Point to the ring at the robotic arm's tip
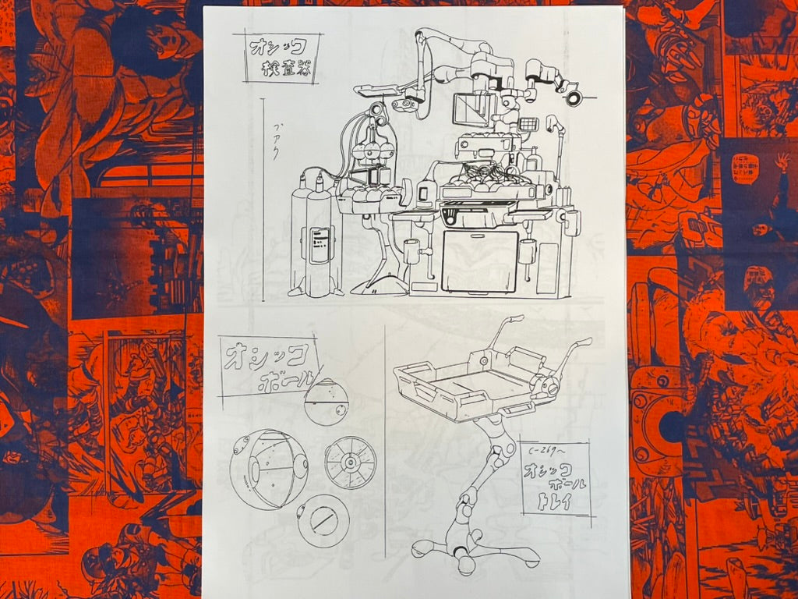[574, 97]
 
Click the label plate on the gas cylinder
[319, 245]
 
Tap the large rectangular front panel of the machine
[479, 261]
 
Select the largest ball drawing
[269, 469]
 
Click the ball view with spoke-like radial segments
[350, 463]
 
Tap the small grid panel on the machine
[528, 123]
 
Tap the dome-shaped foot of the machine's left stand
[380, 286]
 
